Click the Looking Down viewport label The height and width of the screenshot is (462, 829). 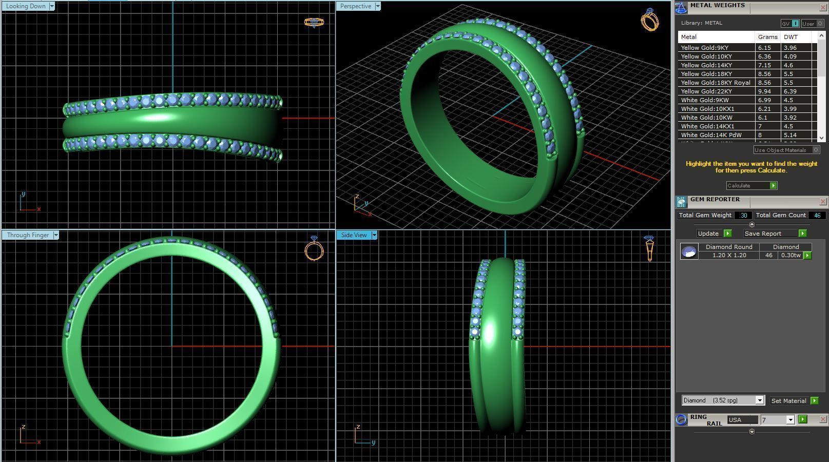26,6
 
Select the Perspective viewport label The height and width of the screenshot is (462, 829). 355,6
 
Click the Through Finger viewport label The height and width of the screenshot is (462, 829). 28,235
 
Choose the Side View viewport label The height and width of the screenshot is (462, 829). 354,235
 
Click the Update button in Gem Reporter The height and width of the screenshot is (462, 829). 708,234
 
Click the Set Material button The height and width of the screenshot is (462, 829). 788,401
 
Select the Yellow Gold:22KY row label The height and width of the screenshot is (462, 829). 706,91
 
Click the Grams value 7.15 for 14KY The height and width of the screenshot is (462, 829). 764,65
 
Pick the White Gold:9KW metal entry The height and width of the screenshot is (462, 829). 705,100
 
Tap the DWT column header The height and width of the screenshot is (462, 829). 791,37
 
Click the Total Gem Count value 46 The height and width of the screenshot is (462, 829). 817,216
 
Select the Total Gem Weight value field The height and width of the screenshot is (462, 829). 743,216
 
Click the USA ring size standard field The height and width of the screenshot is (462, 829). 742,420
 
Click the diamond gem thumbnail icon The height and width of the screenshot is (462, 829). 689,252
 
